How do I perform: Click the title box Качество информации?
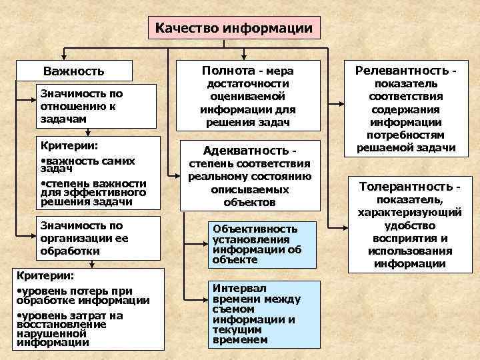pyautogui.click(x=233, y=29)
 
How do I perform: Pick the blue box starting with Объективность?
pyautogui.click(x=255, y=243)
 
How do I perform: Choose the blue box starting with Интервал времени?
pyautogui.click(x=255, y=313)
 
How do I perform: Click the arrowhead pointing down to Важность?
pyautogui.click(x=63, y=58)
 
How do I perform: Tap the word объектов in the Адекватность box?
pyautogui.click(x=250, y=201)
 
